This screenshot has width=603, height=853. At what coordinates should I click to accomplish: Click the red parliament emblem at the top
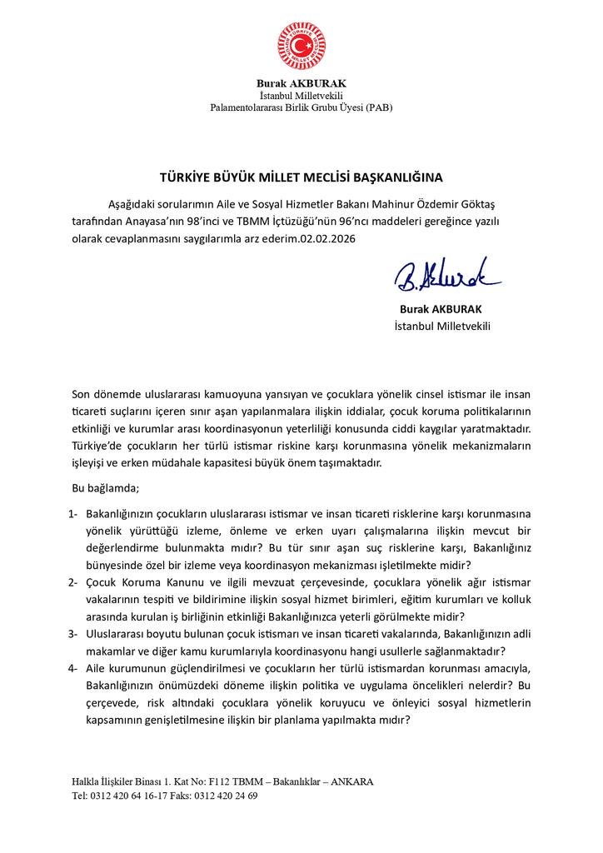301,47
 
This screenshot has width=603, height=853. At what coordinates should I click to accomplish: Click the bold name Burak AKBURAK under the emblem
301,84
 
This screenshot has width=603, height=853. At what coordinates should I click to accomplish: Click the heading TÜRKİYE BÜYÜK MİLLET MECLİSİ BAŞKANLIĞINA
301,177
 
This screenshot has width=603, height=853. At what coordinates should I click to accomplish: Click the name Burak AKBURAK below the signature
442,310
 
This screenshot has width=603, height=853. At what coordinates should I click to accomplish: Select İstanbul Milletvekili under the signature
442,326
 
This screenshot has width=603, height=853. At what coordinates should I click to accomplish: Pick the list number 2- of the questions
74,581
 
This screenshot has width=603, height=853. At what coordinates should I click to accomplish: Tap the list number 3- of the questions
74,634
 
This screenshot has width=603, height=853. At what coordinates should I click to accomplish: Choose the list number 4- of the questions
74,669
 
